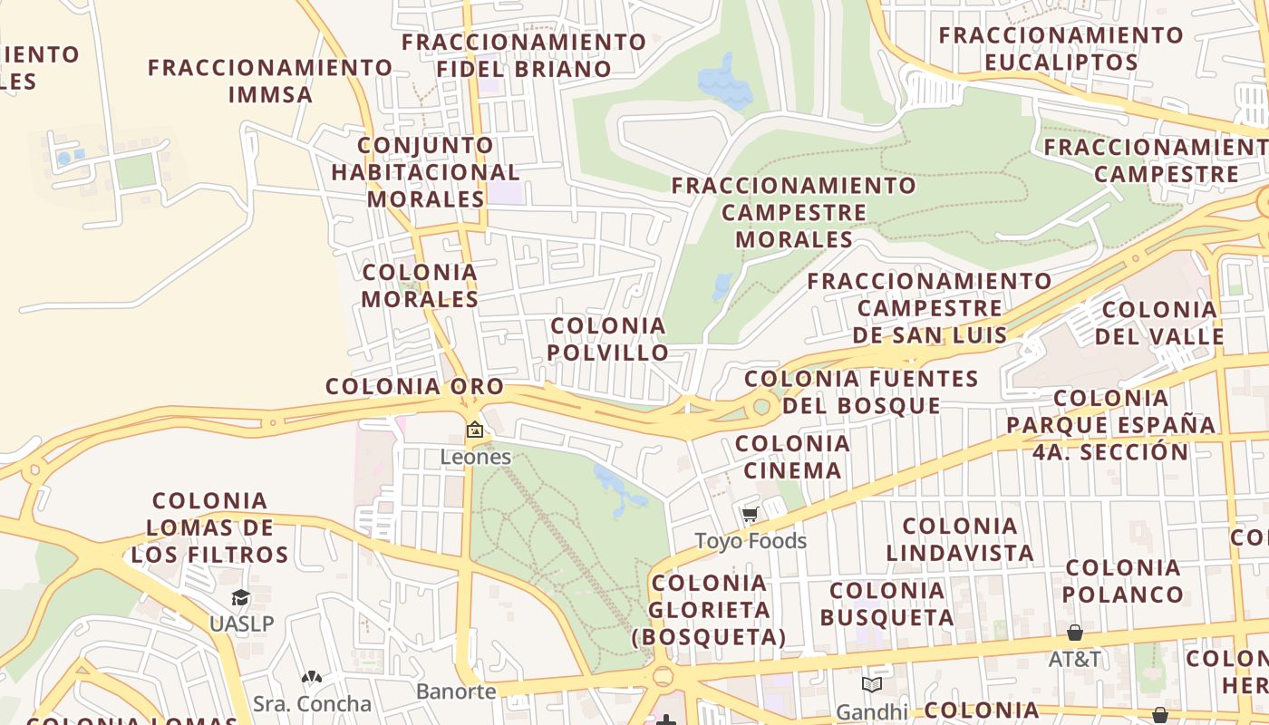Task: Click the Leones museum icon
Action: pyautogui.click(x=474, y=430)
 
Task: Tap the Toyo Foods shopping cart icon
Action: pyautogui.click(x=750, y=516)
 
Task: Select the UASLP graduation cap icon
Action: pyautogui.click(x=240, y=597)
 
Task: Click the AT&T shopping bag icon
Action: pyautogui.click(x=1074, y=632)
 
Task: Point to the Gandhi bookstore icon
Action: pyautogui.click(x=872, y=685)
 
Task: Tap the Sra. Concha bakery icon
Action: pyautogui.click(x=312, y=678)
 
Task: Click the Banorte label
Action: pyautogui.click(x=456, y=691)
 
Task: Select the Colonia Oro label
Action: pyautogui.click(x=414, y=386)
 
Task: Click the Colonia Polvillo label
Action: pyautogui.click(x=608, y=339)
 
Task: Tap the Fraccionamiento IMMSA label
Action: pyautogui.click(x=270, y=81)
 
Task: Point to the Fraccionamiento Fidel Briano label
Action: pyautogui.click(x=524, y=55)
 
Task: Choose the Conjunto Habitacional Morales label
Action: pyautogui.click(x=425, y=172)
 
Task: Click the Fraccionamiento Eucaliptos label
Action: pyautogui.click(x=1061, y=49)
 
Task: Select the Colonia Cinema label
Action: pyautogui.click(x=792, y=457)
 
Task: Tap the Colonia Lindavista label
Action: pyautogui.click(x=960, y=539)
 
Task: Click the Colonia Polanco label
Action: pyautogui.click(x=1123, y=581)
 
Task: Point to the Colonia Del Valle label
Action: pyautogui.click(x=1159, y=323)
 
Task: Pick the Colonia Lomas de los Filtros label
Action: pyautogui.click(x=210, y=527)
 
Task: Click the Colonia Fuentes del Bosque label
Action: pyautogui.click(x=861, y=391)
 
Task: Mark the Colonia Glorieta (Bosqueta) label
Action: pyautogui.click(x=709, y=609)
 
